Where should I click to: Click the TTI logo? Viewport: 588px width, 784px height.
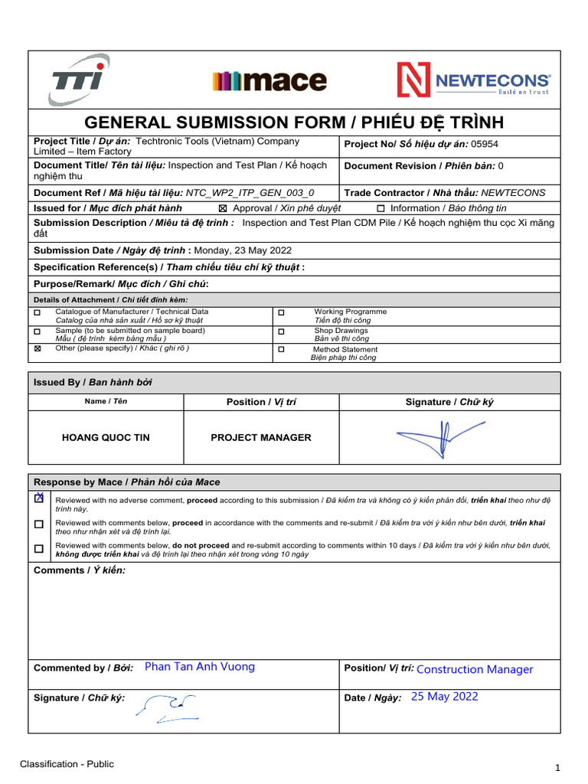79,80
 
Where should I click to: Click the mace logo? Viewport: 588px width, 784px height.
269,80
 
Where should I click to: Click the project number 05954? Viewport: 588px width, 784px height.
488,144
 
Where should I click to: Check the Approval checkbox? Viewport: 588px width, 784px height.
224,208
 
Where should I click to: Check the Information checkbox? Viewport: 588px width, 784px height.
381,208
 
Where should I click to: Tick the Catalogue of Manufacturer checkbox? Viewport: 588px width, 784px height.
38,312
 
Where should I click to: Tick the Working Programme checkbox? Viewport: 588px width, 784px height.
281,313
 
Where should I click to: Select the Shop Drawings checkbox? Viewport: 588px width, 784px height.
281,332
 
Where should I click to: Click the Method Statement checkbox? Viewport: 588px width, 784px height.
281,349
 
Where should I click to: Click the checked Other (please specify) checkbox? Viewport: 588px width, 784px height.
38,348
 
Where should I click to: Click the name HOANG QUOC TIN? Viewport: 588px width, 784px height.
106,438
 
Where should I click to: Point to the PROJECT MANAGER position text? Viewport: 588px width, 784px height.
261,438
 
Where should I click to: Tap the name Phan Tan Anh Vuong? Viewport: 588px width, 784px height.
200,667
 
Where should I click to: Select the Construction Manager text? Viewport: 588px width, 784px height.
475,669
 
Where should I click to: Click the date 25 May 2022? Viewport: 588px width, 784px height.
444,697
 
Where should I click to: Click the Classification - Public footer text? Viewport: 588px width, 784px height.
67,764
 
